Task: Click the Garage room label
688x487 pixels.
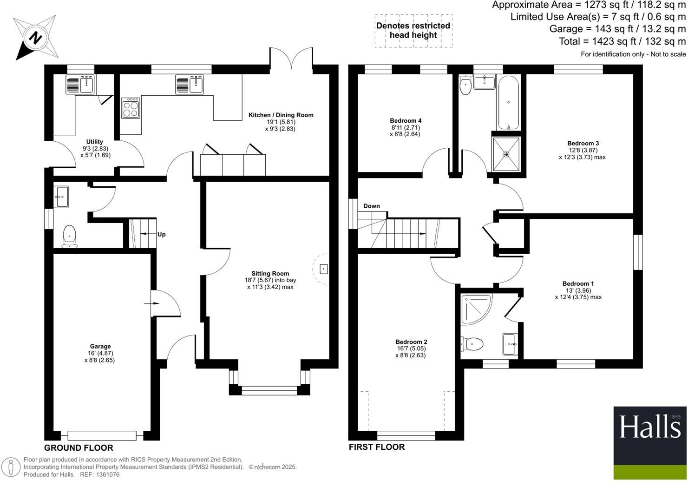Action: click(x=100, y=346)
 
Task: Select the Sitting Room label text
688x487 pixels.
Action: click(x=270, y=274)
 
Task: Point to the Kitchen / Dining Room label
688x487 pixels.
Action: click(x=281, y=115)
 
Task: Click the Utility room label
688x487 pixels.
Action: click(x=95, y=142)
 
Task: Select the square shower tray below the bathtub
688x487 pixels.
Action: click(x=506, y=154)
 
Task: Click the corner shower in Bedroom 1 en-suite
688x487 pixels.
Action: click(x=475, y=309)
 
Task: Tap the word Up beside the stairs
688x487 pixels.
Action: click(x=161, y=235)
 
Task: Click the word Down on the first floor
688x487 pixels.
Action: click(x=372, y=206)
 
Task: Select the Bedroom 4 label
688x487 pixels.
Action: click(x=406, y=121)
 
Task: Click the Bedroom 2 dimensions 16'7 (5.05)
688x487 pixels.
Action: click(x=411, y=349)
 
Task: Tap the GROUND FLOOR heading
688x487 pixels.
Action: click(x=79, y=448)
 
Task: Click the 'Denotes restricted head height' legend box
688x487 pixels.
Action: click(x=413, y=31)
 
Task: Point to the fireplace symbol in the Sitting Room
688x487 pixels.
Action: click(x=323, y=269)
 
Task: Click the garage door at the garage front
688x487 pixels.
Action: click(x=102, y=435)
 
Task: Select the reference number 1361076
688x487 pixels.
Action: click(x=106, y=474)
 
